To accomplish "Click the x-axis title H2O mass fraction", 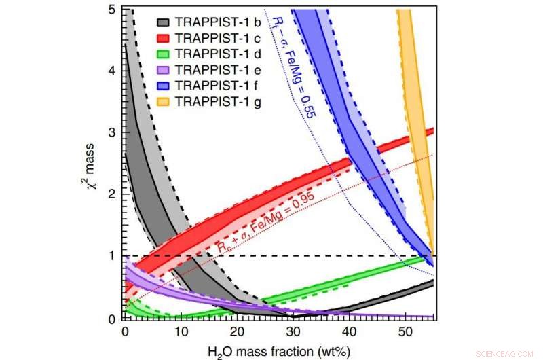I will (279, 349).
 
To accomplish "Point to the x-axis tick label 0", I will (124, 330).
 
